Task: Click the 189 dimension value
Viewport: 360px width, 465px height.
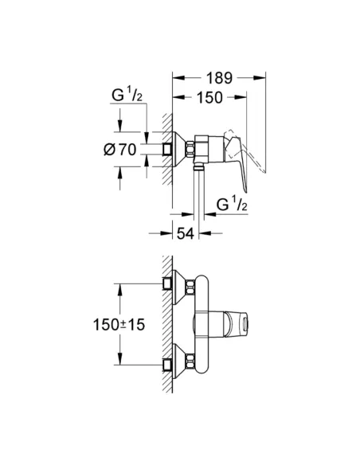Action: [x=220, y=78]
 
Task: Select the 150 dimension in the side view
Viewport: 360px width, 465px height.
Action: [x=209, y=98]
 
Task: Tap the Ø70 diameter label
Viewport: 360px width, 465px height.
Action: [x=120, y=150]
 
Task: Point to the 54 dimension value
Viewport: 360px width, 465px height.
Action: [x=186, y=233]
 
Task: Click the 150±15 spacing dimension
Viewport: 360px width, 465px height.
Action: [x=119, y=325]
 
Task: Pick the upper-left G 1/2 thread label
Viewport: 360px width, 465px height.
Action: [x=127, y=95]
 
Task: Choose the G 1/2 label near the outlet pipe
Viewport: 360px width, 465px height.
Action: [x=232, y=204]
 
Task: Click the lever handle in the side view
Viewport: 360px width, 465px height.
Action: [x=237, y=162]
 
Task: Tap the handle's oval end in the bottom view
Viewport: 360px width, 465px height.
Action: [x=245, y=324]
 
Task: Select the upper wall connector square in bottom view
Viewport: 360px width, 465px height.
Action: [x=167, y=283]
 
